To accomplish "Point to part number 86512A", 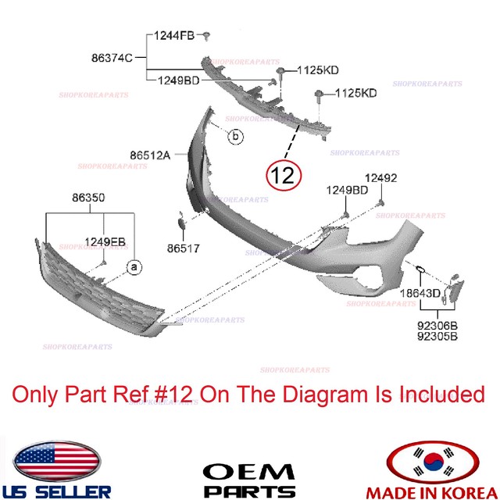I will tap(150, 155).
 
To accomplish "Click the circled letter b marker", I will tap(234, 137).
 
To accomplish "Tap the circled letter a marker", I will tap(133, 267).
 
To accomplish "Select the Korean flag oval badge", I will tap(442, 460).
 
